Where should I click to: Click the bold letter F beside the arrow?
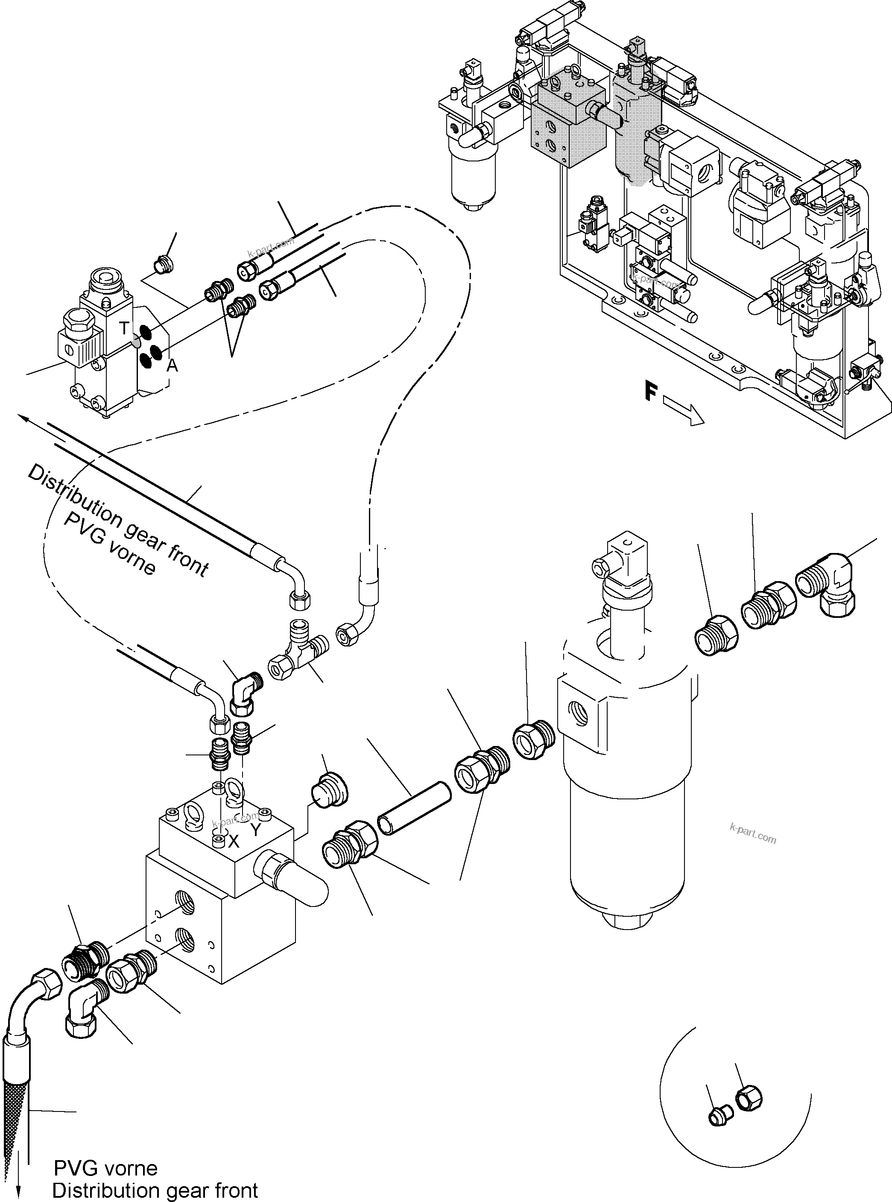coord(651,391)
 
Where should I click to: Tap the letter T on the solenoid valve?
coord(125,328)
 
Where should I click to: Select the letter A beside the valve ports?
coord(172,366)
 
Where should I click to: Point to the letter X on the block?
coord(233,841)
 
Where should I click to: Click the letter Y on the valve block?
coord(255,830)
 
